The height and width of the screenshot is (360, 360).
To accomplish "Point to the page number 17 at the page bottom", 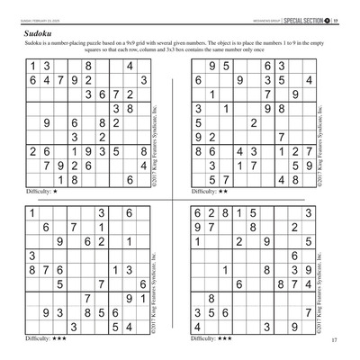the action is (x=333, y=339).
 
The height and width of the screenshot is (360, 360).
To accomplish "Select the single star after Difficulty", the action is (x=56, y=192).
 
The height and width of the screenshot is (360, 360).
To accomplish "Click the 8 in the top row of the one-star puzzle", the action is (x=88, y=66).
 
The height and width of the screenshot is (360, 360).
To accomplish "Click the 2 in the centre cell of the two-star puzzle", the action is (x=255, y=123).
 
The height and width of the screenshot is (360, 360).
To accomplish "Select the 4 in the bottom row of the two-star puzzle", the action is (x=282, y=180).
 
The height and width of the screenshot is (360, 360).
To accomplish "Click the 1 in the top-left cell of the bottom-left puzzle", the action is (x=32, y=213).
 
